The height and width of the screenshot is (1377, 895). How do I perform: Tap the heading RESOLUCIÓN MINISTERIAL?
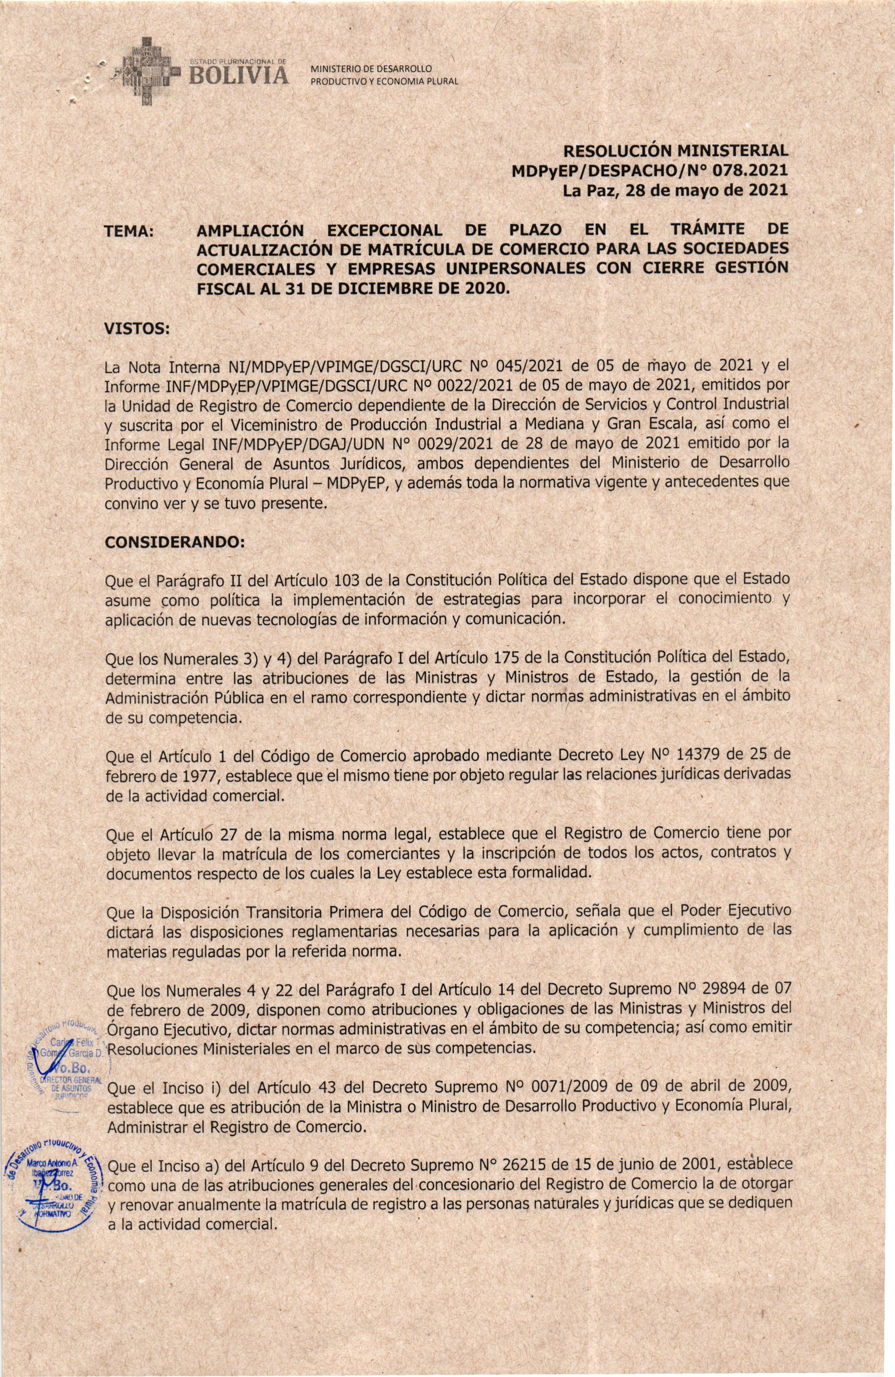coord(676,152)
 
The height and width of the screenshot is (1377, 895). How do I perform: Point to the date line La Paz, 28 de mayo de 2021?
coord(676,190)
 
